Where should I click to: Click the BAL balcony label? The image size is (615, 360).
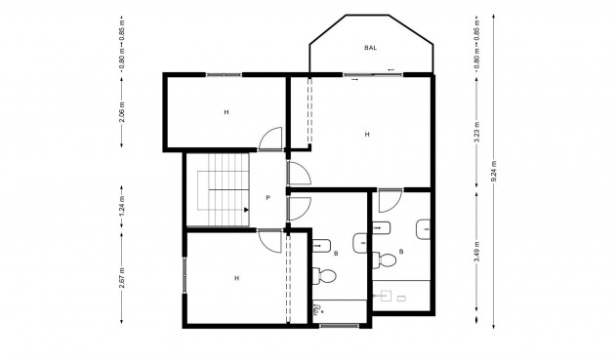click(x=370, y=47)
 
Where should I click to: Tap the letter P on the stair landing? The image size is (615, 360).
click(x=266, y=196)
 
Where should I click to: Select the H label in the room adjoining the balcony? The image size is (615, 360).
click(x=367, y=134)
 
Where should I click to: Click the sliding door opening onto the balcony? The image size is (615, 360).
click(x=371, y=74)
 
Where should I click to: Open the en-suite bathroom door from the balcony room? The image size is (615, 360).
click(x=388, y=200)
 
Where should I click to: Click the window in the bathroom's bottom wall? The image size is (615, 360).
click(x=338, y=323)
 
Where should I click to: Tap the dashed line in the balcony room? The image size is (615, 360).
click(x=309, y=113)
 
